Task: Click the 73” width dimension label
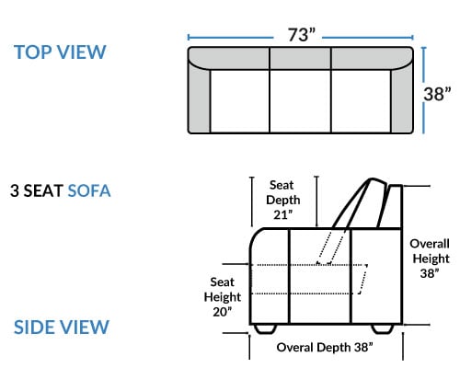pyautogui.click(x=301, y=35)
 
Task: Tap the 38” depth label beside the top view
pyautogui.click(x=437, y=94)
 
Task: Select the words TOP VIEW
pyautogui.click(x=60, y=52)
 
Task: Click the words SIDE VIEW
pyautogui.click(x=62, y=327)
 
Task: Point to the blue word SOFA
pyautogui.click(x=89, y=190)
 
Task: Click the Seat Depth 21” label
pyautogui.click(x=282, y=200)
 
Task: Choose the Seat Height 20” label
pyautogui.click(x=223, y=297)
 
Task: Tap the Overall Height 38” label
pyautogui.click(x=430, y=259)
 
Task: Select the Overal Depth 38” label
pyautogui.click(x=325, y=348)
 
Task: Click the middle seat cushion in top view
pyautogui.click(x=300, y=101)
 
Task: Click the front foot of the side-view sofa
pyautogui.click(x=266, y=328)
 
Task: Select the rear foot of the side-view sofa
pyautogui.click(x=383, y=328)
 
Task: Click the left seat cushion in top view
pyautogui.click(x=240, y=101)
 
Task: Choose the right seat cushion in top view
pyautogui.click(x=361, y=101)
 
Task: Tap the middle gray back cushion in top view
pyautogui.click(x=300, y=58)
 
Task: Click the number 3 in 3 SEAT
pyautogui.click(x=15, y=190)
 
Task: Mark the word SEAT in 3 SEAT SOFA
pyautogui.click(x=43, y=190)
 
